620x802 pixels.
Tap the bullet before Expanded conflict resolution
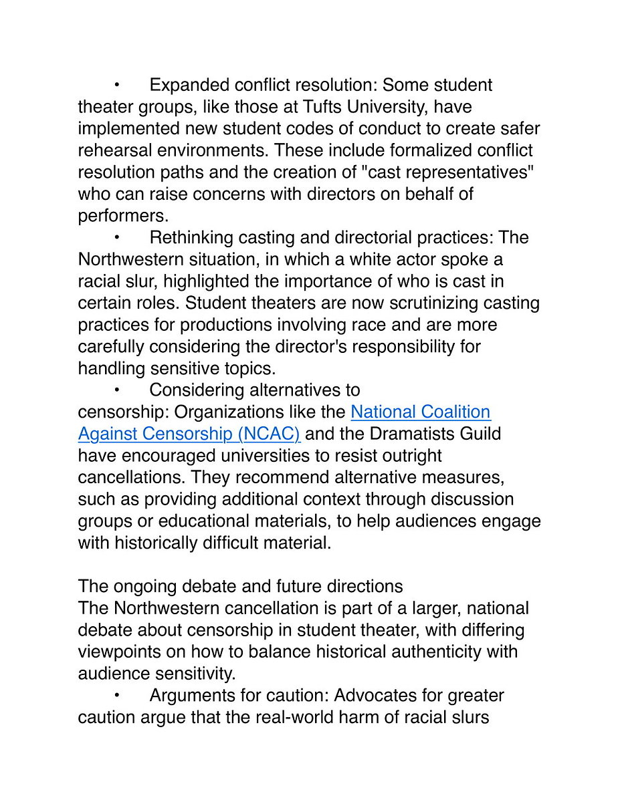click(116, 85)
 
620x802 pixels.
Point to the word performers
click(122, 215)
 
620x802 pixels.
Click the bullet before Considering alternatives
click(116, 390)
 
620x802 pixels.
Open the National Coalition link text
click(420, 412)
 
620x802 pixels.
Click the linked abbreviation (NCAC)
click(268, 434)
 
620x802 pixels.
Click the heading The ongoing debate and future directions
click(240, 586)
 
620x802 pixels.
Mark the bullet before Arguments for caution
click(116, 695)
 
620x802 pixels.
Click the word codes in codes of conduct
click(297, 128)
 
